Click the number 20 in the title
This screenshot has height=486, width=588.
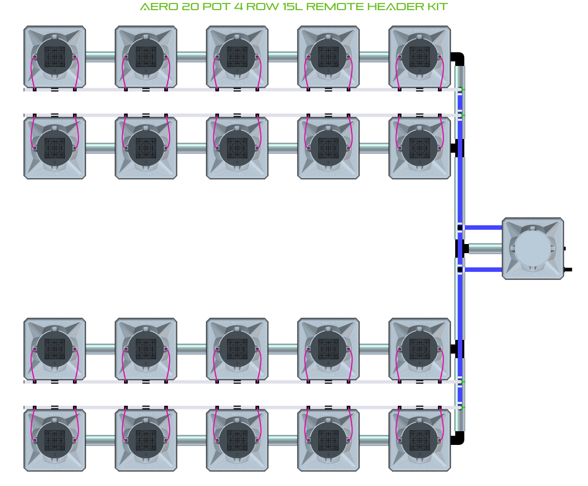click(x=186, y=7)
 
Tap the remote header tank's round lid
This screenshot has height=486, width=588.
click(x=532, y=249)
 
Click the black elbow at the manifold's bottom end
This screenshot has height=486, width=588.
click(x=459, y=438)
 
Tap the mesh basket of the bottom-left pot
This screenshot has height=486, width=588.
click(x=55, y=440)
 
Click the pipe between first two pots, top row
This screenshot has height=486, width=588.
click(x=100, y=57)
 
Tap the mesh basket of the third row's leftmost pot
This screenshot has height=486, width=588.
click(x=55, y=349)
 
